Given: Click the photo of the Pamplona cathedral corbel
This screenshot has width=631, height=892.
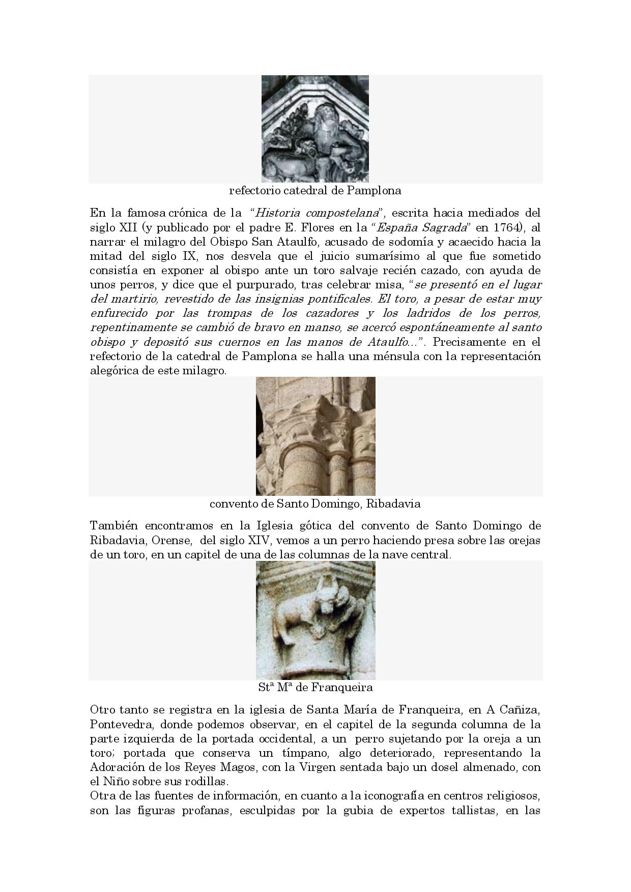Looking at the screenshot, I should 315,129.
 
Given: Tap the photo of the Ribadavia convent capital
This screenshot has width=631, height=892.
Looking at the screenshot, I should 315,436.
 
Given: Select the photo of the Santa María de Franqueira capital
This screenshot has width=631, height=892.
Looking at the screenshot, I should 315,620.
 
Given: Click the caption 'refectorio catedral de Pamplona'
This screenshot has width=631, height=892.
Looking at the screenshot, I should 315,191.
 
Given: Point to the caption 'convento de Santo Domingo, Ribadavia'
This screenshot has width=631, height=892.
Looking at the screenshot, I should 315,504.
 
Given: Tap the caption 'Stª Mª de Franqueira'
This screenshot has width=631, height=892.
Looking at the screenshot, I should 315,688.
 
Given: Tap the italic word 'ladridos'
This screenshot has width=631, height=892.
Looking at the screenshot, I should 449,313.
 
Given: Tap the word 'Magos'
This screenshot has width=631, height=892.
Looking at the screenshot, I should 241,767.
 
